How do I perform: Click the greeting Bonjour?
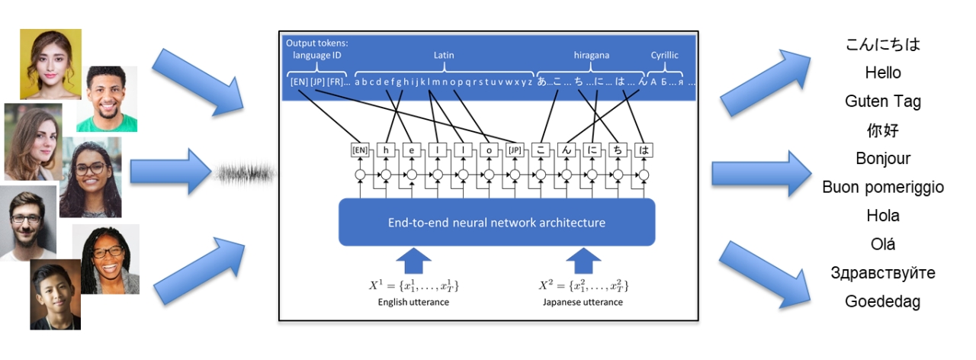883,159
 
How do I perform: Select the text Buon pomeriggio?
883,188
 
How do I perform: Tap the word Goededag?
883,302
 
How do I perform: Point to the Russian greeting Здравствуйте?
883,273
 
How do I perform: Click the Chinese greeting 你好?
883,130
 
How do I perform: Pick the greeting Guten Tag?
883,101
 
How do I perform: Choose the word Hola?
883,216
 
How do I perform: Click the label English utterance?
414,302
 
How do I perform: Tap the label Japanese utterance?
583,302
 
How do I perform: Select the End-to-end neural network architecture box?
496,223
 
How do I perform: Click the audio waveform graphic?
244,175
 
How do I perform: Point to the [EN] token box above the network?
360,149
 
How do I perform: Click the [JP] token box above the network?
515,149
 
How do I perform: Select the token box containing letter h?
386,149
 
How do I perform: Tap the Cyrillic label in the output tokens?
664,55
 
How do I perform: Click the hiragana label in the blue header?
592,55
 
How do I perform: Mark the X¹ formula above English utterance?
414,286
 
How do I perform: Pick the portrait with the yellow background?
50,64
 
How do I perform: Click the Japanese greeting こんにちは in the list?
883,44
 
